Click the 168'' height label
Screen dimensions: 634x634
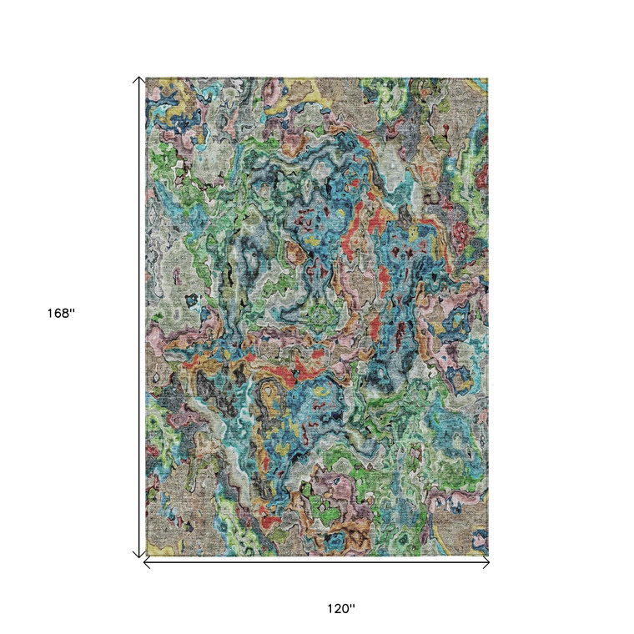[x=61, y=314]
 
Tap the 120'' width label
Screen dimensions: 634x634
[x=340, y=609]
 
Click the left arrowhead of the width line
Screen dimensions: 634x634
[x=147, y=563]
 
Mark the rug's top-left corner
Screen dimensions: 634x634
[x=146, y=78]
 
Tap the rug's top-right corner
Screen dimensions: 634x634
[x=488, y=78]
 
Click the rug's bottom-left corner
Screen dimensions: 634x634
[x=146, y=556]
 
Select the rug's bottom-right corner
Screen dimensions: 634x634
[x=488, y=556]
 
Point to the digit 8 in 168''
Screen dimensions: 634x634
[x=67, y=314]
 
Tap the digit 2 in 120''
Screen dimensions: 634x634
[x=337, y=609]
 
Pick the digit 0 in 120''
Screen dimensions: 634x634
[x=346, y=609]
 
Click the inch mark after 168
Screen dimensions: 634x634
[x=73, y=311]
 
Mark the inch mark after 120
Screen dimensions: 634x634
[x=353, y=606]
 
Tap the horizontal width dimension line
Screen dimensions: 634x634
[x=317, y=563]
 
